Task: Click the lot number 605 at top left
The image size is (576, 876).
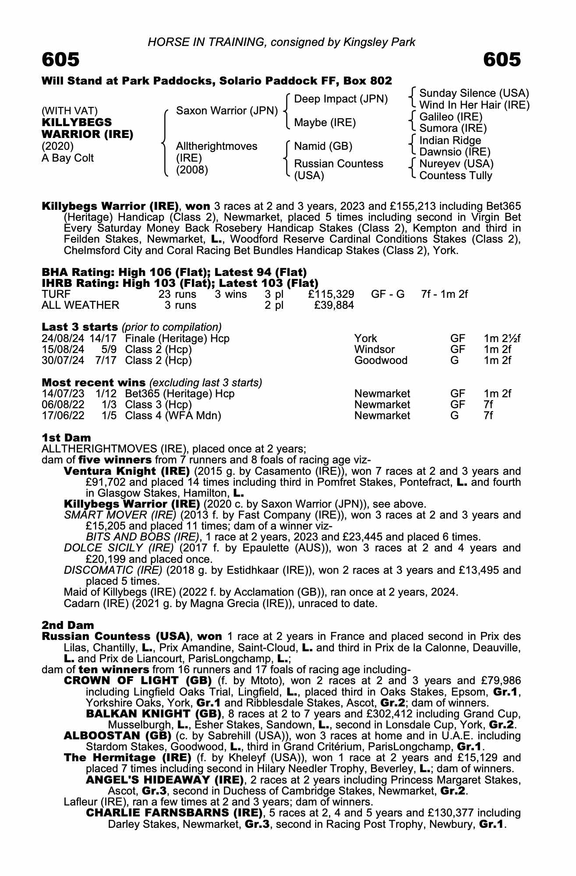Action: tap(61, 60)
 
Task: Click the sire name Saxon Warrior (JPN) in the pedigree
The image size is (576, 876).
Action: tap(226, 111)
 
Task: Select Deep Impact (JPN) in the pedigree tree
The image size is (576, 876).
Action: tap(341, 99)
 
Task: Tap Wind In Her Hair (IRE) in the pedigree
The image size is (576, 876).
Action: tap(474, 105)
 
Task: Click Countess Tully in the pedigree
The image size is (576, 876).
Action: tap(456, 176)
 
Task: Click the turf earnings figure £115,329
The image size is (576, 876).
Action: tap(331, 294)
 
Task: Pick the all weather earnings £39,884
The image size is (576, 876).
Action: tap(334, 305)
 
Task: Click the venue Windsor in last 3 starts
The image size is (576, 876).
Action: tap(375, 350)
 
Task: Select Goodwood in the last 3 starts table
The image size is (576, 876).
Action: tap(381, 360)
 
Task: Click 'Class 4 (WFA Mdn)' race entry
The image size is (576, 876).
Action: tap(173, 416)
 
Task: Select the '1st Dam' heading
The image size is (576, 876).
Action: tap(66, 438)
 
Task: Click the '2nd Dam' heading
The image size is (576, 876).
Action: tap(67, 625)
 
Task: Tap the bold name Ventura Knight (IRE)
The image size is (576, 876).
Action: tap(127, 471)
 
